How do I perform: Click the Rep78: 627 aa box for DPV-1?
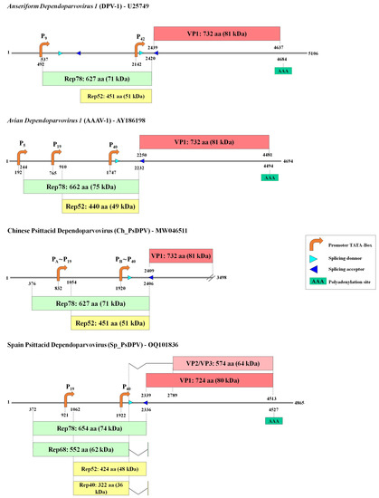[96, 79]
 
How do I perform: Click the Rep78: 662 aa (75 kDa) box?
[81, 186]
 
